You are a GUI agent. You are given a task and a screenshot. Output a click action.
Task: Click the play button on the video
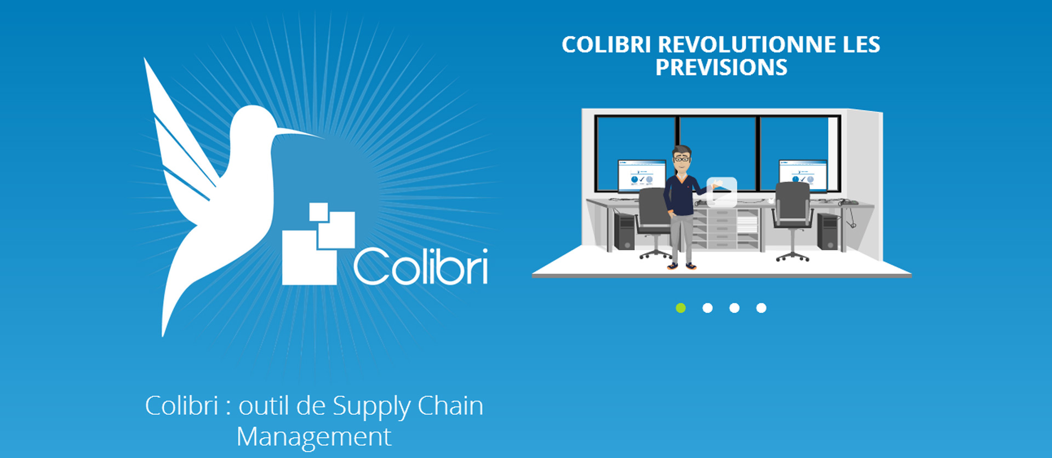point(722,192)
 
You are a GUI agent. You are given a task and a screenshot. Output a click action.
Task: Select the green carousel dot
point(681,308)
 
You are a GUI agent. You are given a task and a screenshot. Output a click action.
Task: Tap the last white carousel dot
point(761,308)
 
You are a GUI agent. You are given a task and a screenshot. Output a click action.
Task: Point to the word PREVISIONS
point(721,67)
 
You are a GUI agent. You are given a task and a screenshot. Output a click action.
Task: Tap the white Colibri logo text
point(421,266)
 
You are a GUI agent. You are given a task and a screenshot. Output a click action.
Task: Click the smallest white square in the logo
point(318,212)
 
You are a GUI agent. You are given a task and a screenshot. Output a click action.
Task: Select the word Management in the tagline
point(314,437)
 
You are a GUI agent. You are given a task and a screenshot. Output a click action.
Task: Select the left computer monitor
point(642,175)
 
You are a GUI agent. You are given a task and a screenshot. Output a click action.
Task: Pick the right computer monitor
point(803,175)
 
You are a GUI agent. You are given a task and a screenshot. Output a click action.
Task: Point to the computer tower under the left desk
point(624,230)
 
